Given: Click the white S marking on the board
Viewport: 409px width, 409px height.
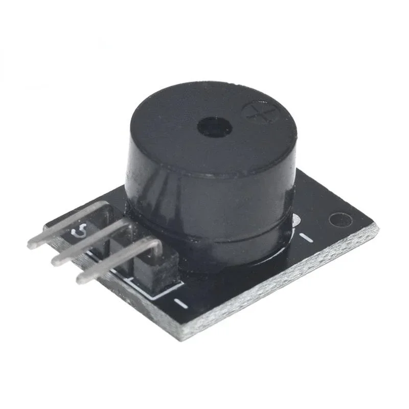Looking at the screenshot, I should [x=81, y=233].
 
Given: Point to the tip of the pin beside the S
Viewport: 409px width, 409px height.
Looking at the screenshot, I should [x=32, y=244].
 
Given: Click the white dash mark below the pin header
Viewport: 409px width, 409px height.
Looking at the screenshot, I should [x=180, y=303].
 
